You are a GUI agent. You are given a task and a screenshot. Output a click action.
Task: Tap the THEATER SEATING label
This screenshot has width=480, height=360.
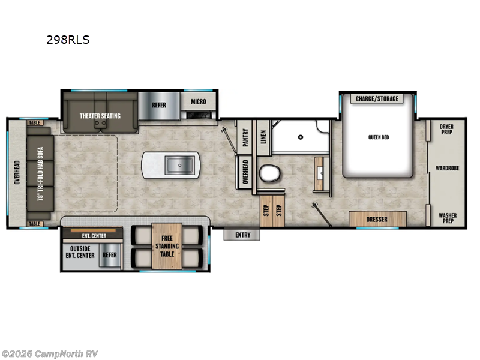101,116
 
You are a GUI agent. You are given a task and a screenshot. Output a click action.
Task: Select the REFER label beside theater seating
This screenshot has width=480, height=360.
158,105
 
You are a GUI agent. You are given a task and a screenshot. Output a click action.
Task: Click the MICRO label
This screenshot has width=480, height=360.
199,102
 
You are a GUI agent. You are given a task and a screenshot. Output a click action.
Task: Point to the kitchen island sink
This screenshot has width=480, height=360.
178,164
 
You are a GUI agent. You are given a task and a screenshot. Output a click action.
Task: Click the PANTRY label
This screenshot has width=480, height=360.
245,138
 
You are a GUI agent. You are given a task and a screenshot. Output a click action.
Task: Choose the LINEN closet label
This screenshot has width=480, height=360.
262,138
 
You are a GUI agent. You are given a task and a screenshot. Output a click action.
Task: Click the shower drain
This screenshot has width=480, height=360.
298,137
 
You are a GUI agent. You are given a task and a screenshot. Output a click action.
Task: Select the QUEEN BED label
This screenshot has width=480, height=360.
379,137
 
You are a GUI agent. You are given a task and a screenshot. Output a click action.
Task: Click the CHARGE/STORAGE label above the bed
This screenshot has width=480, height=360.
377,99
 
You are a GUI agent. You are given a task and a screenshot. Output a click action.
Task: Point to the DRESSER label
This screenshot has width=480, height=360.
377,220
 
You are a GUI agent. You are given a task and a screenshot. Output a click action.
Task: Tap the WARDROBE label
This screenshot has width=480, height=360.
447,169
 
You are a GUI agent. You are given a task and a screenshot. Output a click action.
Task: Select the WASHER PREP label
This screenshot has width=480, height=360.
447,218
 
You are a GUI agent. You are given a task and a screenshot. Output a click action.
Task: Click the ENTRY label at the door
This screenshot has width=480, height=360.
242,235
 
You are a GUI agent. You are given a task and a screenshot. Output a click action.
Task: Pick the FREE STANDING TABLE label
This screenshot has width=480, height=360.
166,246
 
